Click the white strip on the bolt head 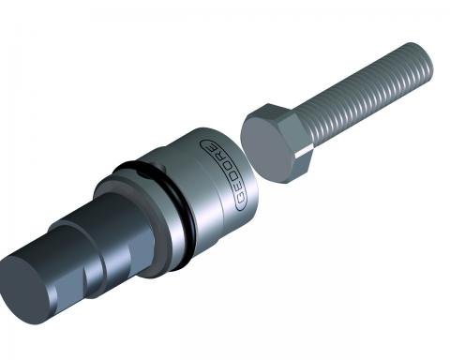(x=304, y=152)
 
